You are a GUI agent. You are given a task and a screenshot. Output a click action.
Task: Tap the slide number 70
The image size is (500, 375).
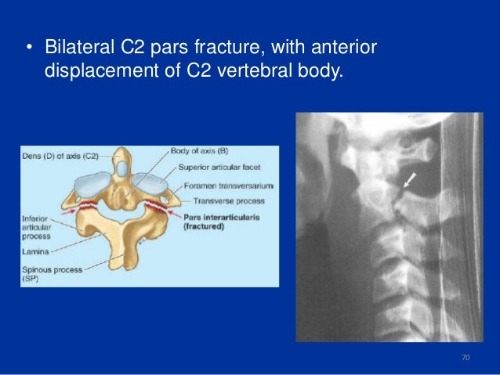point(466,358)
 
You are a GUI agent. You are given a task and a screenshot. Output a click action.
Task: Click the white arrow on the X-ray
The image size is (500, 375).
point(408,182)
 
